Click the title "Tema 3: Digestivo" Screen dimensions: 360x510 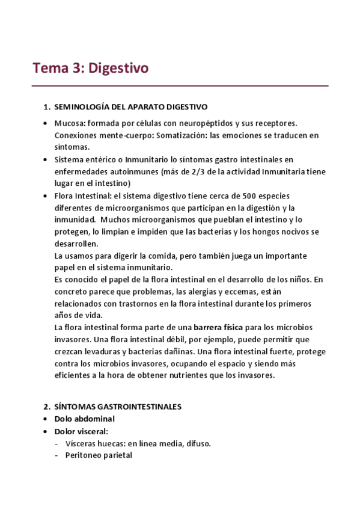[90, 68]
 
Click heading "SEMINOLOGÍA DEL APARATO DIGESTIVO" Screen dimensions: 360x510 [130, 107]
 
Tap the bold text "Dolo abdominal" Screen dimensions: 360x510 [84, 419]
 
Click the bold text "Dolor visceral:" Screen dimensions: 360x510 [81, 431]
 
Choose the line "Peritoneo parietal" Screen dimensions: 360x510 [99, 455]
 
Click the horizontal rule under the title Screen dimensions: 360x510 [180, 86]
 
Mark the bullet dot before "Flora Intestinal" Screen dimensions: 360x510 [46, 195]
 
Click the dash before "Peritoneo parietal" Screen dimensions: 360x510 [56, 455]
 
